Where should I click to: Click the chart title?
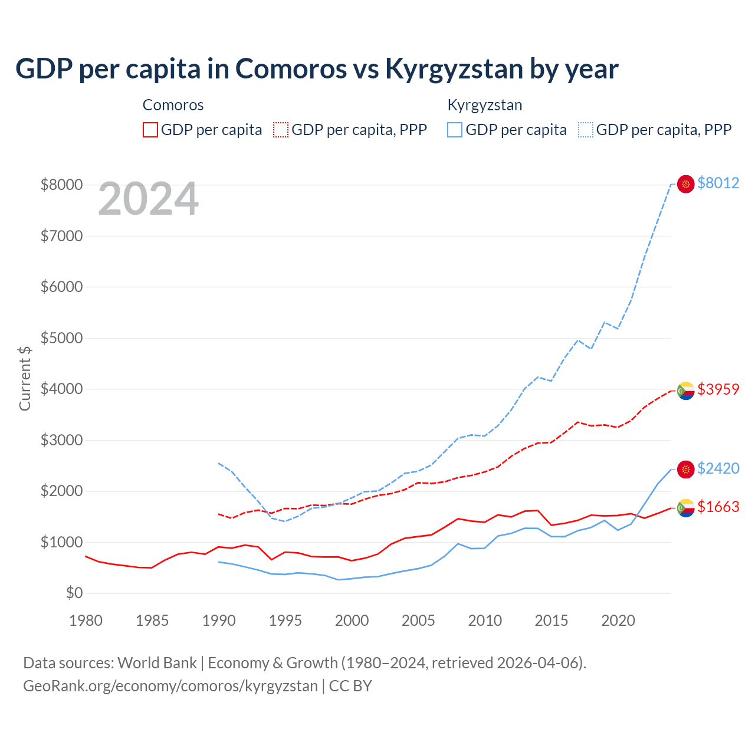pyautogui.click(x=317, y=68)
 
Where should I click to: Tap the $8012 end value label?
pyautogui.click(x=718, y=183)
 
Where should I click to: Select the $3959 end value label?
pyautogui.click(x=718, y=389)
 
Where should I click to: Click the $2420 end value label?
pyautogui.click(x=718, y=468)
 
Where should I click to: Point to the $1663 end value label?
pyautogui.click(x=718, y=507)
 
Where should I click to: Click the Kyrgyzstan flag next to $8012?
pyautogui.click(x=685, y=184)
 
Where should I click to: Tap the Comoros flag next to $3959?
pyautogui.click(x=685, y=390)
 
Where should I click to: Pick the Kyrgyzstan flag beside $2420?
pyautogui.click(x=685, y=470)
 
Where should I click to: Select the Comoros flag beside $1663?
pyautogui.click(x=685, y=508)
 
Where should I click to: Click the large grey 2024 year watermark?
pyautogui.click(x=148, y=199)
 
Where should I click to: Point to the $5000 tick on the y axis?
pyautogui.click(x=61, y=338)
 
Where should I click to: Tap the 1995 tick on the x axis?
pyautogui.click(x=285, y=621)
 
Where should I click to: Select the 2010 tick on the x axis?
pyautogui.click(x=485, y=621)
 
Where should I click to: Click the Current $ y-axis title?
pyautogui.click(x=25, y=378)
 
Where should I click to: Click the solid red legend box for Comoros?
pyautogui.click(x=150, y=130)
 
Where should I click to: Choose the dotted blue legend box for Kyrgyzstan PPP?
pyautogui.click(x=586, y=130)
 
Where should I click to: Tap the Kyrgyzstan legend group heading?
pyautogui.click(x=485, y=105)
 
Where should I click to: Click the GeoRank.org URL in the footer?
pyautogui.click(x=170, y=686)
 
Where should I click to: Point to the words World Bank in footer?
pyautogui.click(x=157, y=663)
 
